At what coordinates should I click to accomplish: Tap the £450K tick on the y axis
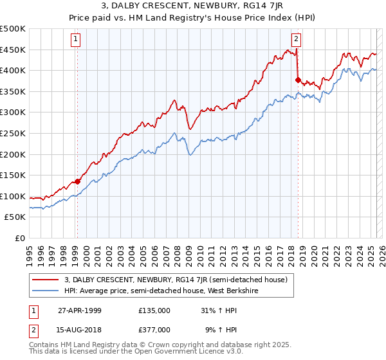point(14,50)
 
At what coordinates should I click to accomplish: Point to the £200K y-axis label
point(14,154)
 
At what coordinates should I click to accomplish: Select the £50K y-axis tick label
point(16,217)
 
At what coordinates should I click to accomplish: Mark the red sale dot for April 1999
point(78,181)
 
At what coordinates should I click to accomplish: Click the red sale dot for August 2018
point(298,80)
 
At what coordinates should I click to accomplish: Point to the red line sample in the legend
point(45,280)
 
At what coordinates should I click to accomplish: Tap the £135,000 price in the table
point(154,310)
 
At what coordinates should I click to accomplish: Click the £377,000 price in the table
point(154,329)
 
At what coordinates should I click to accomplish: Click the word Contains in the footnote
point(46,345)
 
